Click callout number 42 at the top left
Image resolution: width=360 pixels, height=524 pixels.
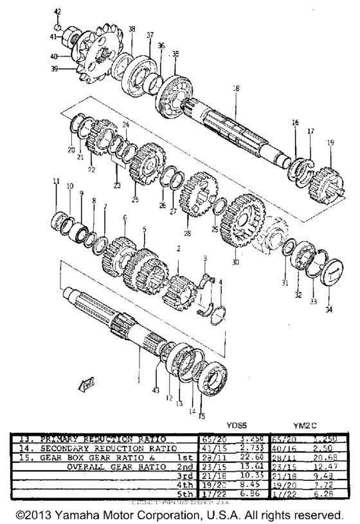57,12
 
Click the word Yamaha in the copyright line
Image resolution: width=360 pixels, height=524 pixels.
93,516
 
